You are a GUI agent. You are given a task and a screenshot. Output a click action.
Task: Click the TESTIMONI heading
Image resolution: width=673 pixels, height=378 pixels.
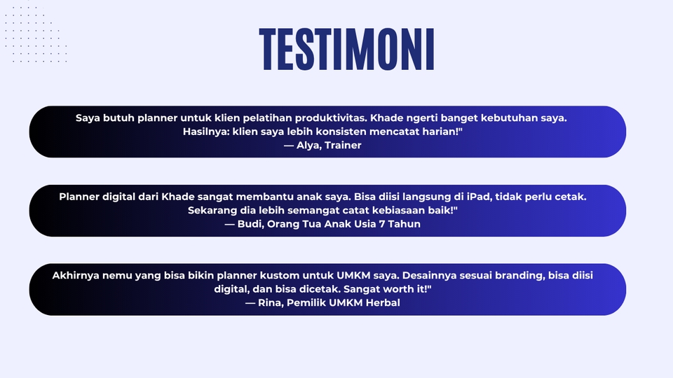(x=347, y=49)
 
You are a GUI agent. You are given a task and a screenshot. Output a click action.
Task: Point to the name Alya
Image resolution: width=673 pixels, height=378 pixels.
(x=308, y=146)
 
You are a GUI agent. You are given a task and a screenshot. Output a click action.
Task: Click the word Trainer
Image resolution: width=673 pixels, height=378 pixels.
(x=343, y=146)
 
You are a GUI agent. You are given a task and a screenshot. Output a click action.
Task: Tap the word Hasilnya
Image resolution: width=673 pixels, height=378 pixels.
(x=206, y=132)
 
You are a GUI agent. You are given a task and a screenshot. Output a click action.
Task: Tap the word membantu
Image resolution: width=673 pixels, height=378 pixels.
(x=262, y=197)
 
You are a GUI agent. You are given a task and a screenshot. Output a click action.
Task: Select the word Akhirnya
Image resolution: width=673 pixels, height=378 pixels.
(x=76, y=276)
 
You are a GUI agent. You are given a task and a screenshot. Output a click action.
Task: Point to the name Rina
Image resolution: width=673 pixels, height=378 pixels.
(x=270, y=303)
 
